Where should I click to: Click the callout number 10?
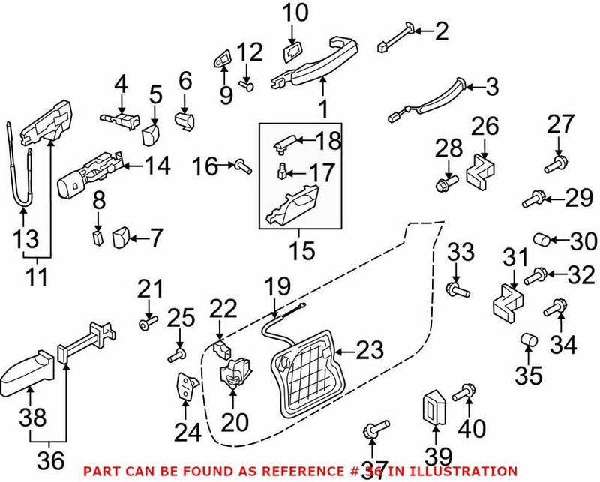coord(295,13)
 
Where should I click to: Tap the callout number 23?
coord(369,350)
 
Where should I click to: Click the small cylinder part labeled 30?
coord(542,241)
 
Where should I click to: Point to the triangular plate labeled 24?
coord(185,388)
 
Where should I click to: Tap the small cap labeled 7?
coord(120,239)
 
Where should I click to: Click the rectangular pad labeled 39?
coord(435,409)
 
